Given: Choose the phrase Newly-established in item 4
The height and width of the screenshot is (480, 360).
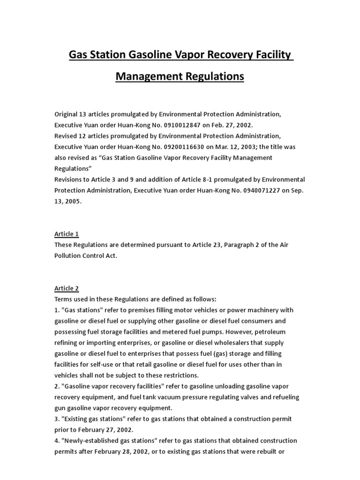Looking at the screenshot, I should [x=92, y=441].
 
